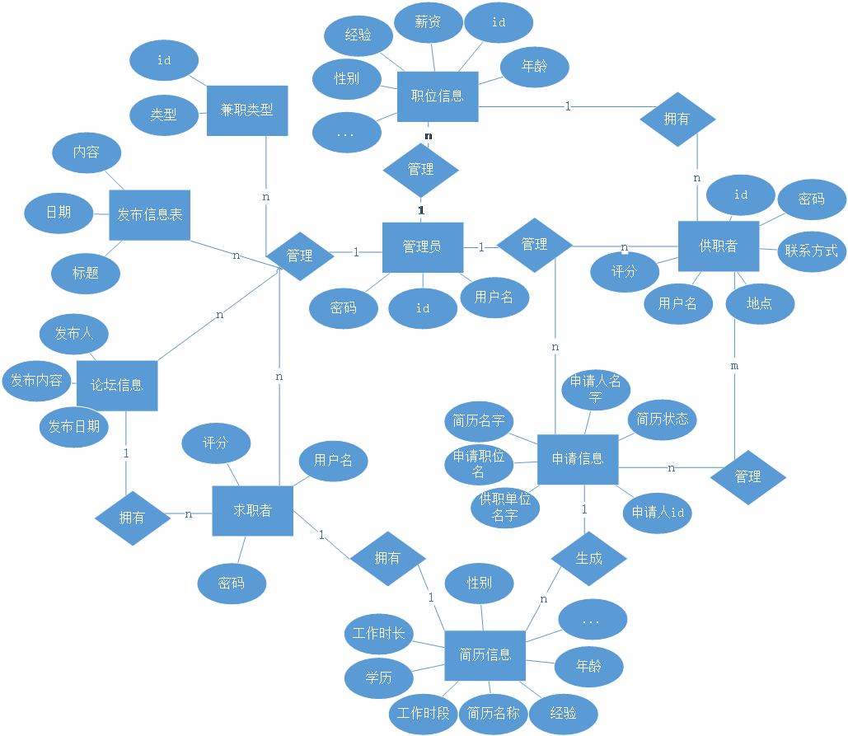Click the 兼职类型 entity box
coord(247,110)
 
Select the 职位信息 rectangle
coord(438,96)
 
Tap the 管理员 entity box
coord(422,246)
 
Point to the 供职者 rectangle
coord(718,246)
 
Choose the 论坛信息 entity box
coord(116,385)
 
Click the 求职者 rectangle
coord(252,511)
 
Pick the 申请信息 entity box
coord(577,459)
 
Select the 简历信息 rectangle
coord(485,655)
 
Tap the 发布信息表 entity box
coord(149,215)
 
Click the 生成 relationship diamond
coord(588,559)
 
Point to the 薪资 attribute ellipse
coord(428,22)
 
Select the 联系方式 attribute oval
coord(811,251)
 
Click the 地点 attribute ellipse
coord(759,303)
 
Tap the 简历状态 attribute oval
coord(663,419)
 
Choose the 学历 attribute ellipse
coord(378,677)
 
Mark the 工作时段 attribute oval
coord(423,713)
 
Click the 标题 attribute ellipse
coord(86,273)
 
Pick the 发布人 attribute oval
coord(74,334)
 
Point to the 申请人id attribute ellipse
coord(658,512)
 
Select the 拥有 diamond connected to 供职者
coord(677,119)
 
